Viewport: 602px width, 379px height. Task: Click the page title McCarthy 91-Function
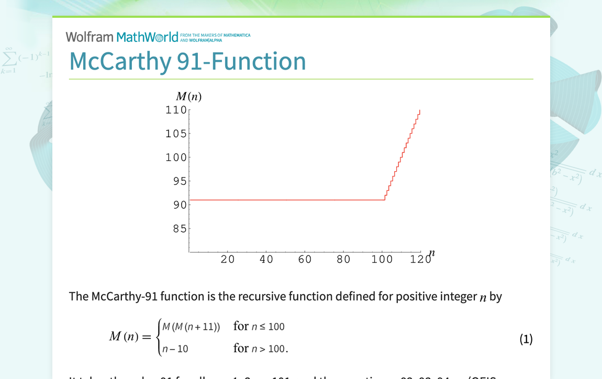pos(187,61)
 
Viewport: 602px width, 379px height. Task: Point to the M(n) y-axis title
pos(188,97)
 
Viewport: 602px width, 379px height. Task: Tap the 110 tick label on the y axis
pos(176,110)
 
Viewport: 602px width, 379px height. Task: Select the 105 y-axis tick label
pos(176,133)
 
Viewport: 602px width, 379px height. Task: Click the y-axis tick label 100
pos(176,157)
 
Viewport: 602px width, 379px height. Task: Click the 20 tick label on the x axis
pos(228,259)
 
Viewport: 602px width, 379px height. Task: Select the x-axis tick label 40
pos(266,259)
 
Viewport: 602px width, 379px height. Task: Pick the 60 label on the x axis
pos(305,259)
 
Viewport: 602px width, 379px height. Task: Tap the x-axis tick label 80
pos(343,259)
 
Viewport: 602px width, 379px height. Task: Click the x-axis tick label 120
pos(420,259)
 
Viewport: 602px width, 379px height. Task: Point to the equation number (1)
pos(526,339)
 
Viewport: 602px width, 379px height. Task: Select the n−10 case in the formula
pos(175,349)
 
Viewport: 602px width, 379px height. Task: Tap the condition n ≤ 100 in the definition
pos(266,327)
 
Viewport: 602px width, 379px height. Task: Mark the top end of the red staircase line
pos(420,110)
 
